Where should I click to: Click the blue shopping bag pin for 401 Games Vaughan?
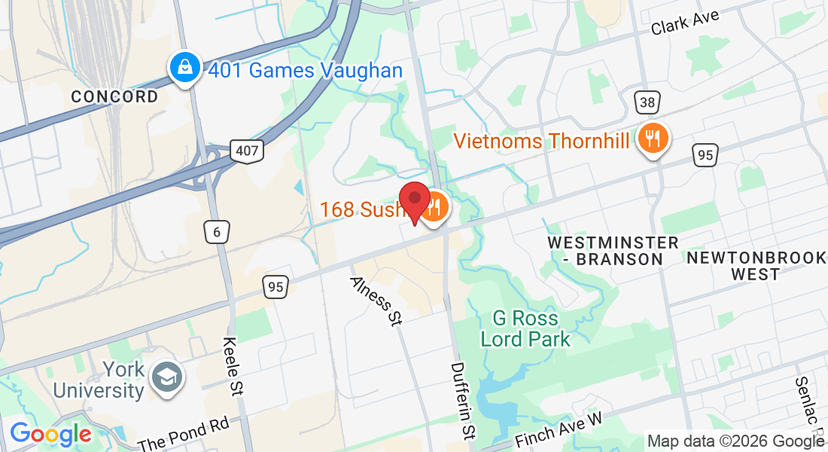[x=184, y=69]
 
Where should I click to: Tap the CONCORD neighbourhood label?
[x=114, y=96]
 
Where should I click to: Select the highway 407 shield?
[x=247, y=151]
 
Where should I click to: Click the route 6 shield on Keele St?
[x=216, y=232]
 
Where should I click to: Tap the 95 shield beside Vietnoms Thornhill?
[x=705, y=155]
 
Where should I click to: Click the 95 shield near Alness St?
[x=276, y=286]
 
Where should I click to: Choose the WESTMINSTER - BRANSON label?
[x=613, y=251]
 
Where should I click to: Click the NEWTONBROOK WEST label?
[x=756, y=266]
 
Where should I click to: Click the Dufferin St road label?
[x=462, y=399]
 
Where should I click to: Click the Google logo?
[x=50, y=435]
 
